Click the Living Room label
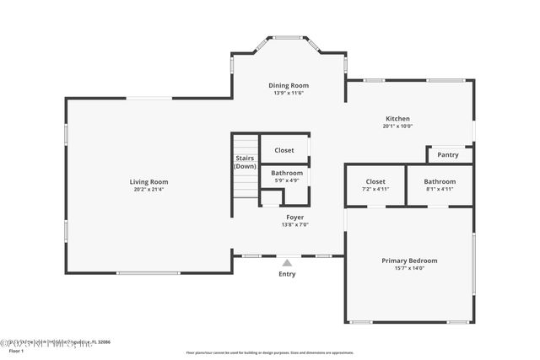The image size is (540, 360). (x=148, y=181)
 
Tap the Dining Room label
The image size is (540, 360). (x=289, y=85)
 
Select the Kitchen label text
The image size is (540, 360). (x=397, y=119)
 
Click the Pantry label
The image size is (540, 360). (x=449, y=155)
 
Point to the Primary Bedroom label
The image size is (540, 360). (x=409, y=261)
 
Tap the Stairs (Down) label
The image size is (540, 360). (x=245, y=162)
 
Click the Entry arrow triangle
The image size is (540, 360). (x=287, y=263)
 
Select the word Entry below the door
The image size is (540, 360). (x=288, y=274)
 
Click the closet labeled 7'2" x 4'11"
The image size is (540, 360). (x=375, y=185)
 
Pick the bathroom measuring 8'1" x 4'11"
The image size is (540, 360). (x=440, y=185)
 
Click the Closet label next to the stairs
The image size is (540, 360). (x=284, y=150)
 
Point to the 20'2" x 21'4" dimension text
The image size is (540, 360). (x=148, y=189)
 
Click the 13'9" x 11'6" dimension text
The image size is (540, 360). (x=289, y=93)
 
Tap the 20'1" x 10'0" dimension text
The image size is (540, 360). (x=397, y=126)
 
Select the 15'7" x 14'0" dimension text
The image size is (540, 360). (x=409, y=268)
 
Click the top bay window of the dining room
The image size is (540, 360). (x=288, y=37)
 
